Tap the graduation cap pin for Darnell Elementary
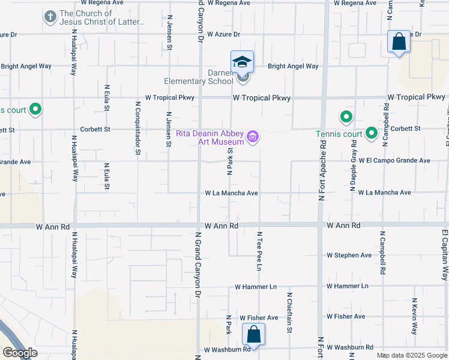pos(243,62)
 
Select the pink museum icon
pos(253,137)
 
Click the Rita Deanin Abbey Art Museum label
pos(211,137)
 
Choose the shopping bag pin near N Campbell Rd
pos(399,42)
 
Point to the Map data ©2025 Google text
pos(412,355)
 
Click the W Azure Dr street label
pos(223,35)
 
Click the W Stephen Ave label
pos(349,255)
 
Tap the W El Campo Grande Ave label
pos(394,161)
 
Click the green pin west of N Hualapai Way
pos(35,109)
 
